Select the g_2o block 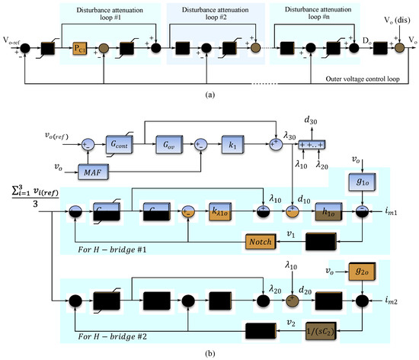pos(363,270)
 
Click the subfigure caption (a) pos(209,93)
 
